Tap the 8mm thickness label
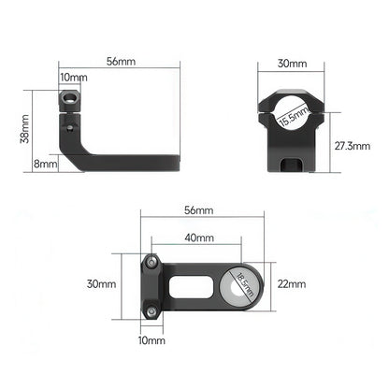tap(44, 164)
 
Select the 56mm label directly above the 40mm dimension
tap(198, 211)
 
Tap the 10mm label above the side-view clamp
tap(72, 77)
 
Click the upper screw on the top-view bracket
tap(150, 263)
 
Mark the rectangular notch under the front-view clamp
tap(294, 164)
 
